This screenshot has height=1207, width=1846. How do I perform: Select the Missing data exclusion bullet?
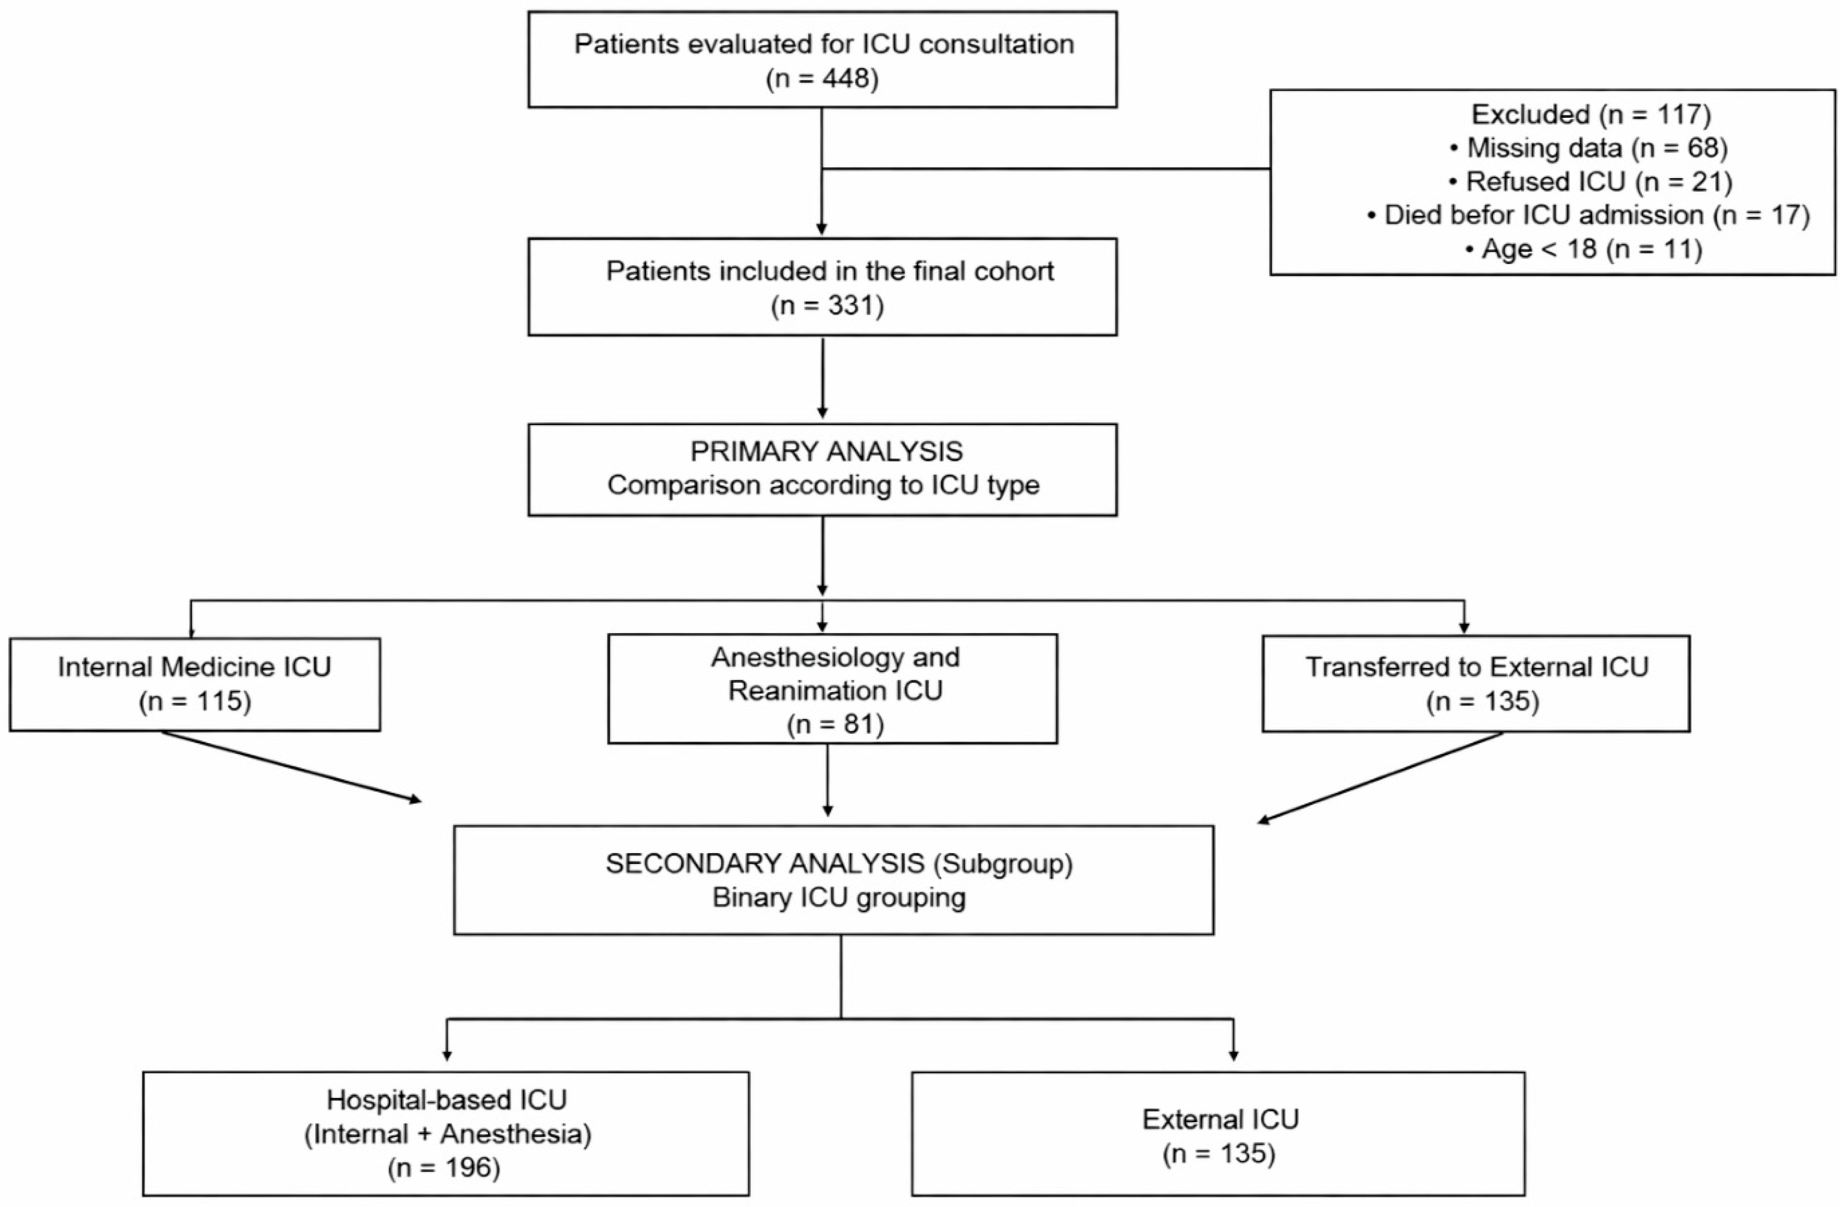[1588, 147]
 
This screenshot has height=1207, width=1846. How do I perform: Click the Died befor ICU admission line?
[1588, 215]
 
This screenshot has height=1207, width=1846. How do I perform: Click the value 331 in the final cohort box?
[849, 306]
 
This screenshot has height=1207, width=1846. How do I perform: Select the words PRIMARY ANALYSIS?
[826, 452]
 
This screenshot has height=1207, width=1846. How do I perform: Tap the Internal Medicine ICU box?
[195, 684]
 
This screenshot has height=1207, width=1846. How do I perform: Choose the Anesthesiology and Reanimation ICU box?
[832, 689]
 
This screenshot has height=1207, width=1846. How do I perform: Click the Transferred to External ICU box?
[1476, 683]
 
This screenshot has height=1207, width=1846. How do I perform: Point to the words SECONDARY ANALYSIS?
[765, 863]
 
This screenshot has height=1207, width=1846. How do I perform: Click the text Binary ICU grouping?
[839, 897]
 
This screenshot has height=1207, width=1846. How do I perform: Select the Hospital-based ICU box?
[446, 1133]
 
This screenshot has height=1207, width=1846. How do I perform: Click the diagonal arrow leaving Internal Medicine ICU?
[292, 766]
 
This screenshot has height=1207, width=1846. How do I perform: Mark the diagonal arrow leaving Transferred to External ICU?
[1380, 777]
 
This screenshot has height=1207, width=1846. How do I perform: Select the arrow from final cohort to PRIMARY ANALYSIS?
[822, 378]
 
